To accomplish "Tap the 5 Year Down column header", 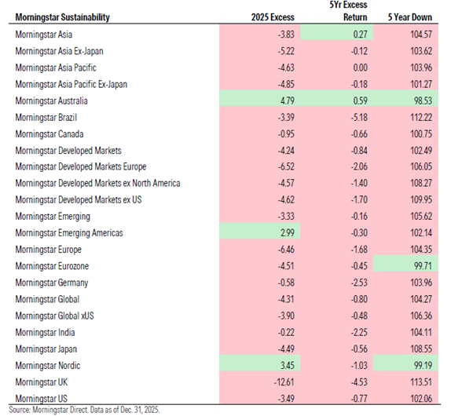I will (x=412, y=17).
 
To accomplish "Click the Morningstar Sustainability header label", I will (x=63, y=17).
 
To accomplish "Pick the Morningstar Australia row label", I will (x=51, y=100).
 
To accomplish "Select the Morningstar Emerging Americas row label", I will (x=69, y=233).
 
